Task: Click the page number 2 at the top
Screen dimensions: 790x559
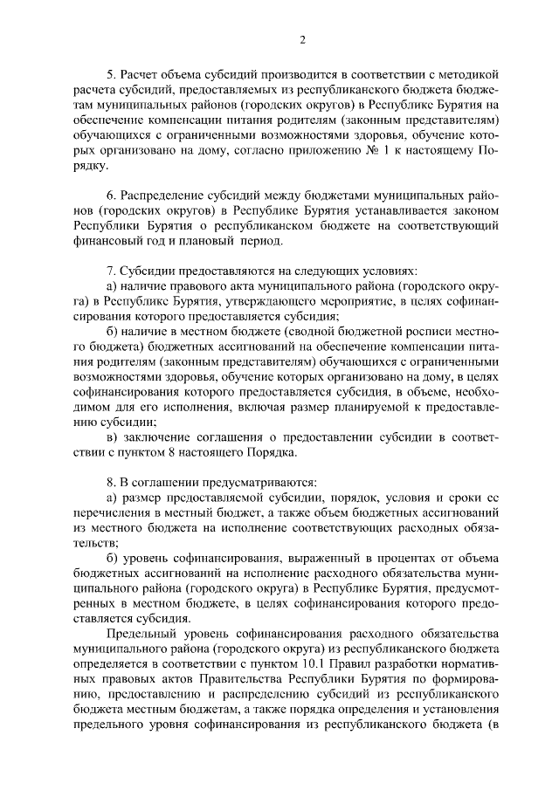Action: click(302, 39)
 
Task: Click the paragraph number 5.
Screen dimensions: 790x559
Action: click(111, 76)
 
